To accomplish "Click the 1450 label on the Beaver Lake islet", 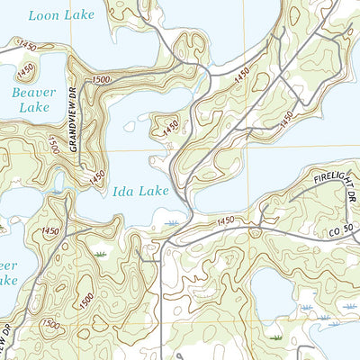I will click(x=26, y=68).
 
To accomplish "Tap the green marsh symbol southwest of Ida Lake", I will click(x=101, y=256).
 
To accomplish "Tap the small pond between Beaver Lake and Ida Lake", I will click(x=59, y=190).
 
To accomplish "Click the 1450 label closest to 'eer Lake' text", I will click(x=51, y=232).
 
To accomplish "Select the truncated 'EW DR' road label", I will click(x=7, y=342).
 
